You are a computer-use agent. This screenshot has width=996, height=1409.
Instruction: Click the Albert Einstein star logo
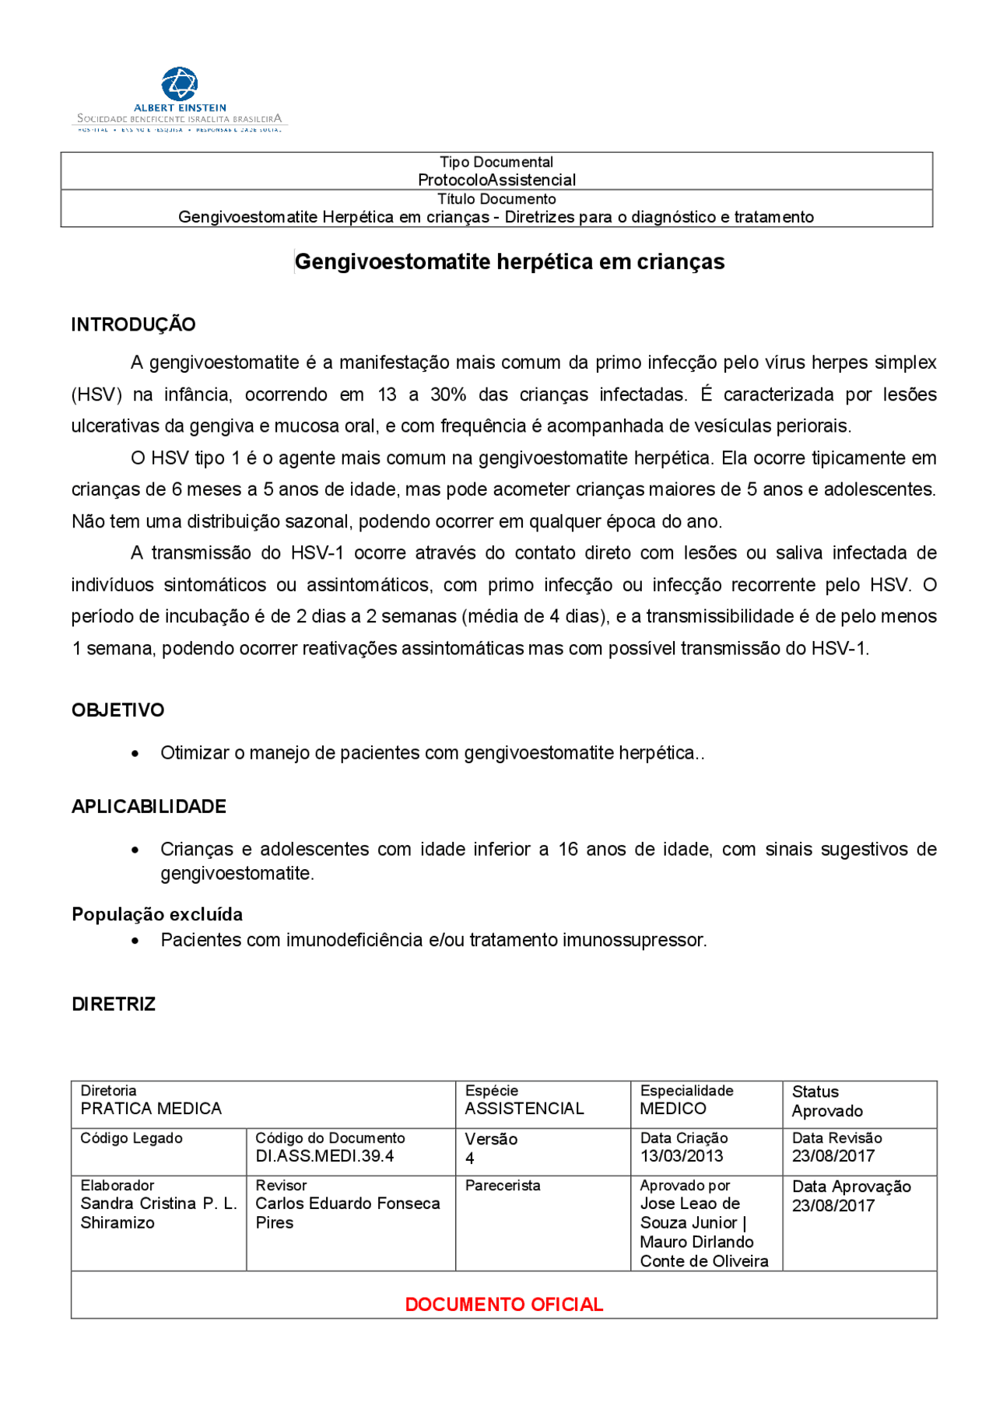179,83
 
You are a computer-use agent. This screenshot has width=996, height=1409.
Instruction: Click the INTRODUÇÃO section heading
133,324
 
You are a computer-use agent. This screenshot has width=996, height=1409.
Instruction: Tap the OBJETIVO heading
118,710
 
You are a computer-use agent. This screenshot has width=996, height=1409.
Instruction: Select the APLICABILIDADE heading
149,807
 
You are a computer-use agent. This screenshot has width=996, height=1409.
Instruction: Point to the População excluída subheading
157,914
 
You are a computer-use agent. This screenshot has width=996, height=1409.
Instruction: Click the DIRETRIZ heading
114,1004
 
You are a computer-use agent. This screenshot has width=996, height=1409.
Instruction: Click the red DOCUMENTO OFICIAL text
503,1305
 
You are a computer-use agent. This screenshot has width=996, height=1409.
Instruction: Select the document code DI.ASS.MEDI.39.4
324,1156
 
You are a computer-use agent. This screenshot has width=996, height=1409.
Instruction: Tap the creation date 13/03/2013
682,1156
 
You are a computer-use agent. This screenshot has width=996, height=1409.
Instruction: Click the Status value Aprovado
827,1111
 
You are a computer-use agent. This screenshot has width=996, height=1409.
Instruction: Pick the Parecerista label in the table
503,1186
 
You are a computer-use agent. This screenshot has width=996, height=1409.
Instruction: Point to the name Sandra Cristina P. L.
159,1204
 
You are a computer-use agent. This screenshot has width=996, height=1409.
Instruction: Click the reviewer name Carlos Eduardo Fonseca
348,1204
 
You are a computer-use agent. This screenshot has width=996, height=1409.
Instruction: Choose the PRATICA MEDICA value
151,1109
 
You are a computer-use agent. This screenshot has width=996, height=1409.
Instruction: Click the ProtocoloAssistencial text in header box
496,180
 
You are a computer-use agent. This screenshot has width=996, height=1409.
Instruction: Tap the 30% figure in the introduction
448,394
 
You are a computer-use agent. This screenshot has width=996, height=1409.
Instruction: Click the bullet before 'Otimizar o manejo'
136,754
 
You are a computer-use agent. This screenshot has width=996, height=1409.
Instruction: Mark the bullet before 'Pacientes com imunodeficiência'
136,941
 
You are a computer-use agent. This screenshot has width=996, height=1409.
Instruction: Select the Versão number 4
470,1158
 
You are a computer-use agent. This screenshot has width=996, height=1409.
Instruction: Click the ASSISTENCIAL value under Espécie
524,1109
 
